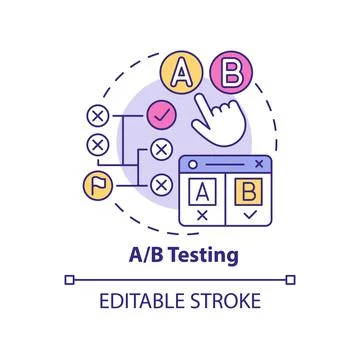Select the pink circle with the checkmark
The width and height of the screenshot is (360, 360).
click(159, 116)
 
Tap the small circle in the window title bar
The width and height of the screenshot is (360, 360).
click(188, 163)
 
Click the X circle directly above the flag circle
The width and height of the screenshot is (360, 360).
click(97, 145)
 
